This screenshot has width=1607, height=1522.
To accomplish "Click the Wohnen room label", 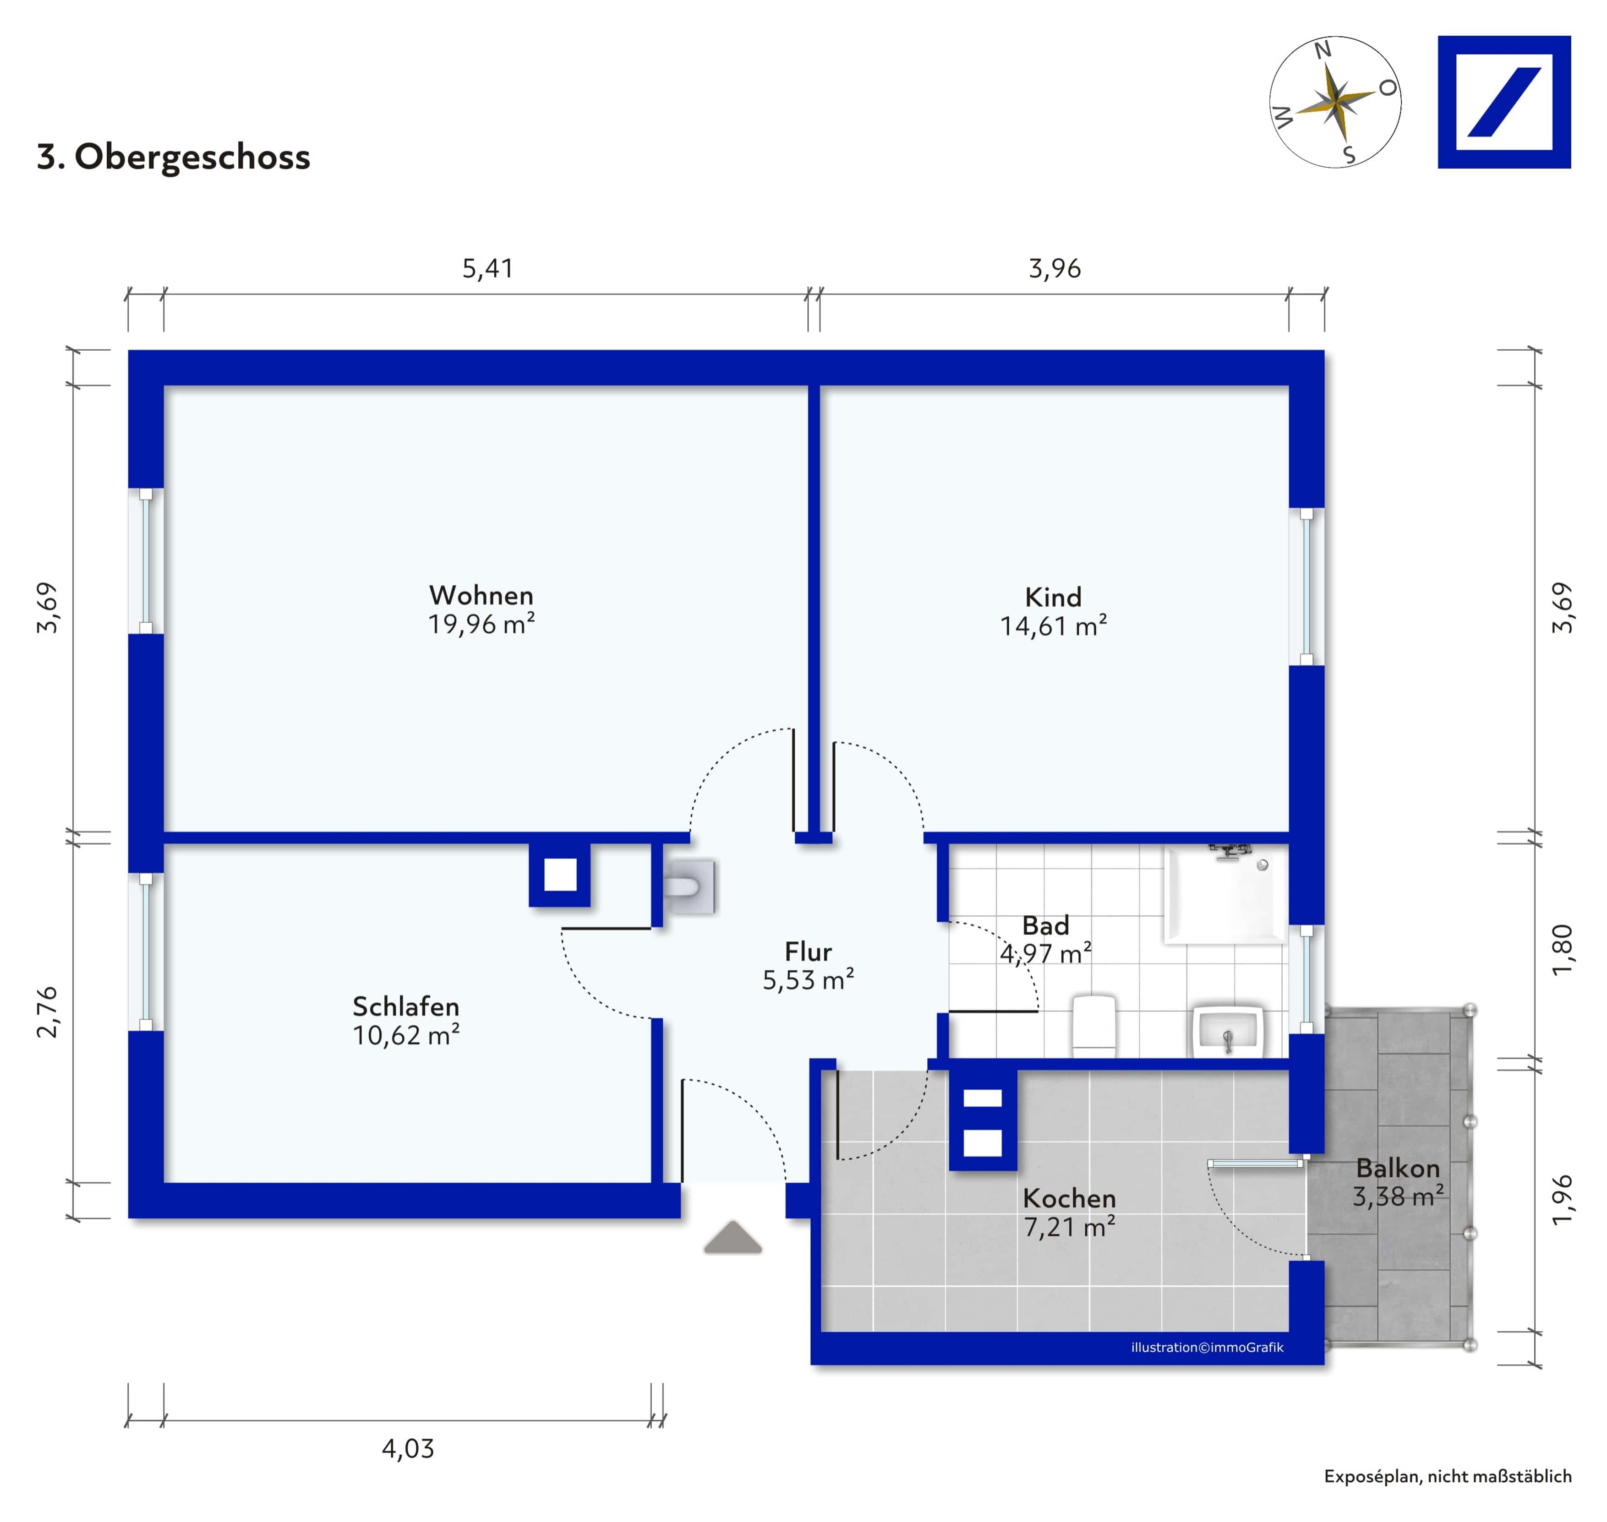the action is (481, 596).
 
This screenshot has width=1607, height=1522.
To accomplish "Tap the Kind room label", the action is (1054, 597).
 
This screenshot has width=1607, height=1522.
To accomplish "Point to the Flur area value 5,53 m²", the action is (809, 980).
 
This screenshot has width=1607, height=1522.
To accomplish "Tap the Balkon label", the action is (1398, 1168).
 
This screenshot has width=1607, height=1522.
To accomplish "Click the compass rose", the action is (1335, 102).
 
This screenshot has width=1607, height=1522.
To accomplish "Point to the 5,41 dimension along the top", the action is (488, 268).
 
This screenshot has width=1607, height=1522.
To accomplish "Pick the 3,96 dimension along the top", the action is (1055, 268).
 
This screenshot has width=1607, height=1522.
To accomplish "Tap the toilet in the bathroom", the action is (1094, 1026).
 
